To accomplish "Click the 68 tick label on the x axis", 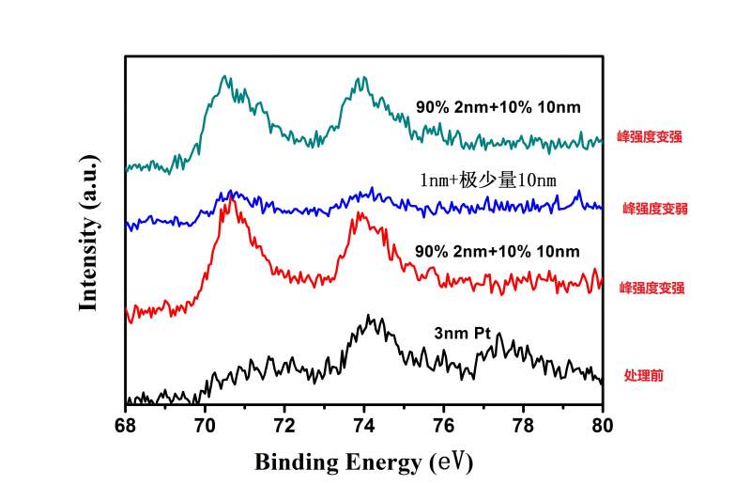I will (125, 424).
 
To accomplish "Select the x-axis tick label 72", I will (284, 424).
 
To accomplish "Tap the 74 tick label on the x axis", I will (364, 424).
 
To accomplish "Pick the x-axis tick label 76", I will (444, 424).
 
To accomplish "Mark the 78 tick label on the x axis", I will (524, 424).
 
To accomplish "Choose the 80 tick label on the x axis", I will (603, 424).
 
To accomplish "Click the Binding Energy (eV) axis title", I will (363, 462).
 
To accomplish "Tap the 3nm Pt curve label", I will (463, 333).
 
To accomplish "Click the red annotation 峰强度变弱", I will (655, 209).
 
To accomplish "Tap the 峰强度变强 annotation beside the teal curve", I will (650, 136).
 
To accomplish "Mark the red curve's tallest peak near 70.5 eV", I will (226, 201).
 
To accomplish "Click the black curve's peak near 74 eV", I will (369, 317).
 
